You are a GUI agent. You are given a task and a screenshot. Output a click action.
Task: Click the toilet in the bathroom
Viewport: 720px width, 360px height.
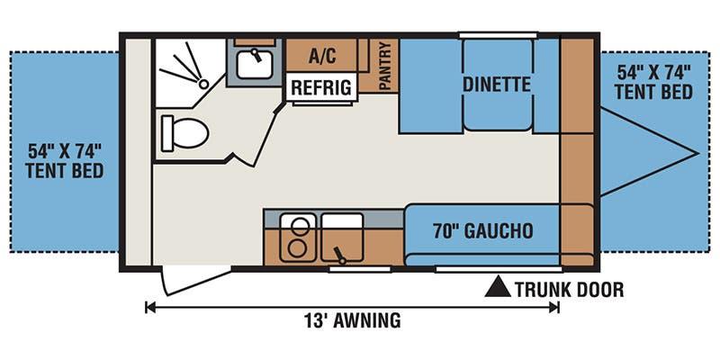pyautogui.click(x=185, y=133)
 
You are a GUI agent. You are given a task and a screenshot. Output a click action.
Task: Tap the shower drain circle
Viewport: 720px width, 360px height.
pyautogui.click(x=203, y=84)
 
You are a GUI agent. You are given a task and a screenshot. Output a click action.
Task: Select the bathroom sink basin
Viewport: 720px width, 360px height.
pyautogui.click(x=255, y=63)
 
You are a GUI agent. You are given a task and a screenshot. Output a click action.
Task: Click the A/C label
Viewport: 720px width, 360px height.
pyautogui.click(x=322, y=57)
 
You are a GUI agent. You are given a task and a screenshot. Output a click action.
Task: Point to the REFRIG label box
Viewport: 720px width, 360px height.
pyautogui.click(x=322, y=86)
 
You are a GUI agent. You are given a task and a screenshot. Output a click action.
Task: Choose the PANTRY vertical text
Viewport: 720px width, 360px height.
pyautogui.click(x=385, y=65)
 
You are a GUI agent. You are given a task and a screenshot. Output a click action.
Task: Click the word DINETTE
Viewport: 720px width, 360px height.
pyautogui.click(x=497, y=85)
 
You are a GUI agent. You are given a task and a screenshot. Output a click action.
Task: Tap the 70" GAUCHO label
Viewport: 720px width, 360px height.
pyautogui.click(x=483, y=230)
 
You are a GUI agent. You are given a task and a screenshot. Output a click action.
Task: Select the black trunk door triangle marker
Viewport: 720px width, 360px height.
pyautogui.click(x=499, y=286)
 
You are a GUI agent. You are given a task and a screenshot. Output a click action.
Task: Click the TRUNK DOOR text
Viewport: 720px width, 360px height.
pyautogui.click(x=569, y=290)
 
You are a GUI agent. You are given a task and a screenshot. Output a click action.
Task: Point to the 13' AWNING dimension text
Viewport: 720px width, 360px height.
pyautogui.click(x=352, y=320)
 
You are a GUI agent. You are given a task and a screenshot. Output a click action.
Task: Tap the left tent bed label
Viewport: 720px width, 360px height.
pyautogui.click(x=64, y=161)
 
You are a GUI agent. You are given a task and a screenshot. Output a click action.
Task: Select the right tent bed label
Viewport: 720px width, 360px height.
pyautogui.click(x=654, y=82)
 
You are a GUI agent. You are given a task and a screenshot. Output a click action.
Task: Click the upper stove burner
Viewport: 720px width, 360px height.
pyautogui.click(x=300, y=226)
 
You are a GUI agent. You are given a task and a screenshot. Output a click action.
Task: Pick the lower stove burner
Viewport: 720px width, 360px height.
pyautogui.click(x=297, y=248)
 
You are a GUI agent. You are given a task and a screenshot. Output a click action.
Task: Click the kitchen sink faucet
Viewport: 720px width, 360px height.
pyautogui.click(x=339, y=256)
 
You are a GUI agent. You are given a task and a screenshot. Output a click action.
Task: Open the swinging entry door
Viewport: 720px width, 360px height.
pyautogui.click(x=195, y=281)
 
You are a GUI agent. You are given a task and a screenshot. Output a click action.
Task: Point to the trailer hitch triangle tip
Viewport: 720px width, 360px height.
pyautogui.click(x=698, y=153)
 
